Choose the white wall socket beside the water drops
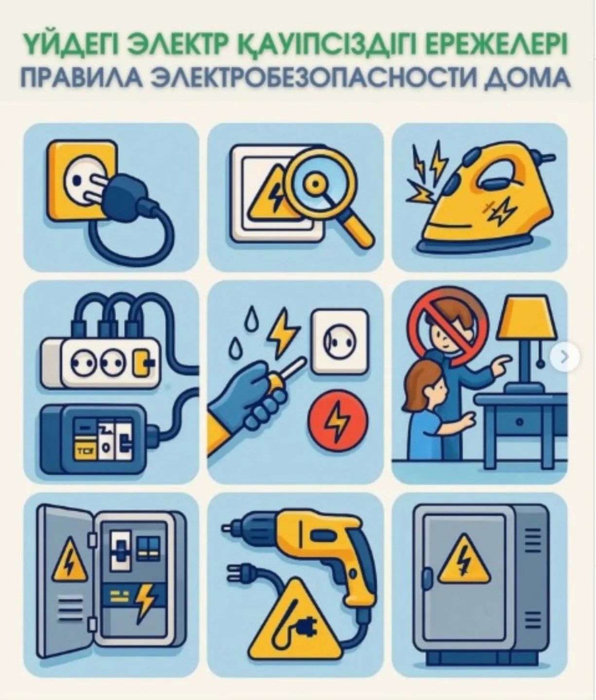[340, 342]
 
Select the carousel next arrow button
[564, 357]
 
